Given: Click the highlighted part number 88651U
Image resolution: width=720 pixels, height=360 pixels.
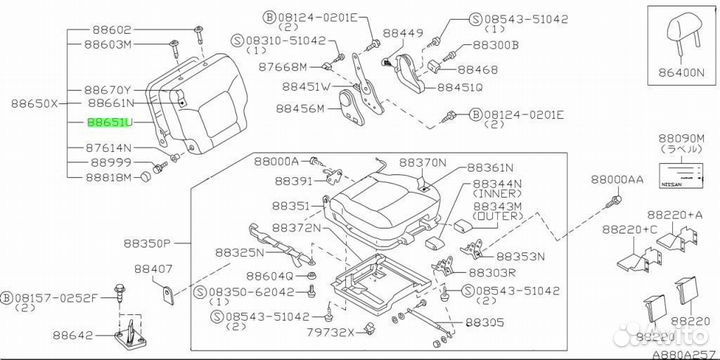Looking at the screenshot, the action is pyautogui.click(x=110, y=123).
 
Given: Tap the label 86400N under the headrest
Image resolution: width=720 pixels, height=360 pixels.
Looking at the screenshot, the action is pyautogui.click(x=681, y=72).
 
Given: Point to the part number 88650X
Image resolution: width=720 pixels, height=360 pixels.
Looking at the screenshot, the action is pyautogui.click(x=35, y=104).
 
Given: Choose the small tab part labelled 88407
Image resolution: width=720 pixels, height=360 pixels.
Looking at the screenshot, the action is pyautogui.click(x=169, y=294).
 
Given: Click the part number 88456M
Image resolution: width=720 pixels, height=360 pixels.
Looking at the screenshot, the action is pyautogui.click(x=300, y=108).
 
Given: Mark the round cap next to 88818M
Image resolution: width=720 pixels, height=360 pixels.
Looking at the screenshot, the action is pyautogui.click(x=146, y=177).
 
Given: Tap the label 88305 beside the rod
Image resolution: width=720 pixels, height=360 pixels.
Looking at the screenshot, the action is pyautogui.click(x=484, y=322).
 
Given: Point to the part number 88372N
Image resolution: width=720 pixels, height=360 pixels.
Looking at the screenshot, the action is pyautogui.click(x=296, y=227).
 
